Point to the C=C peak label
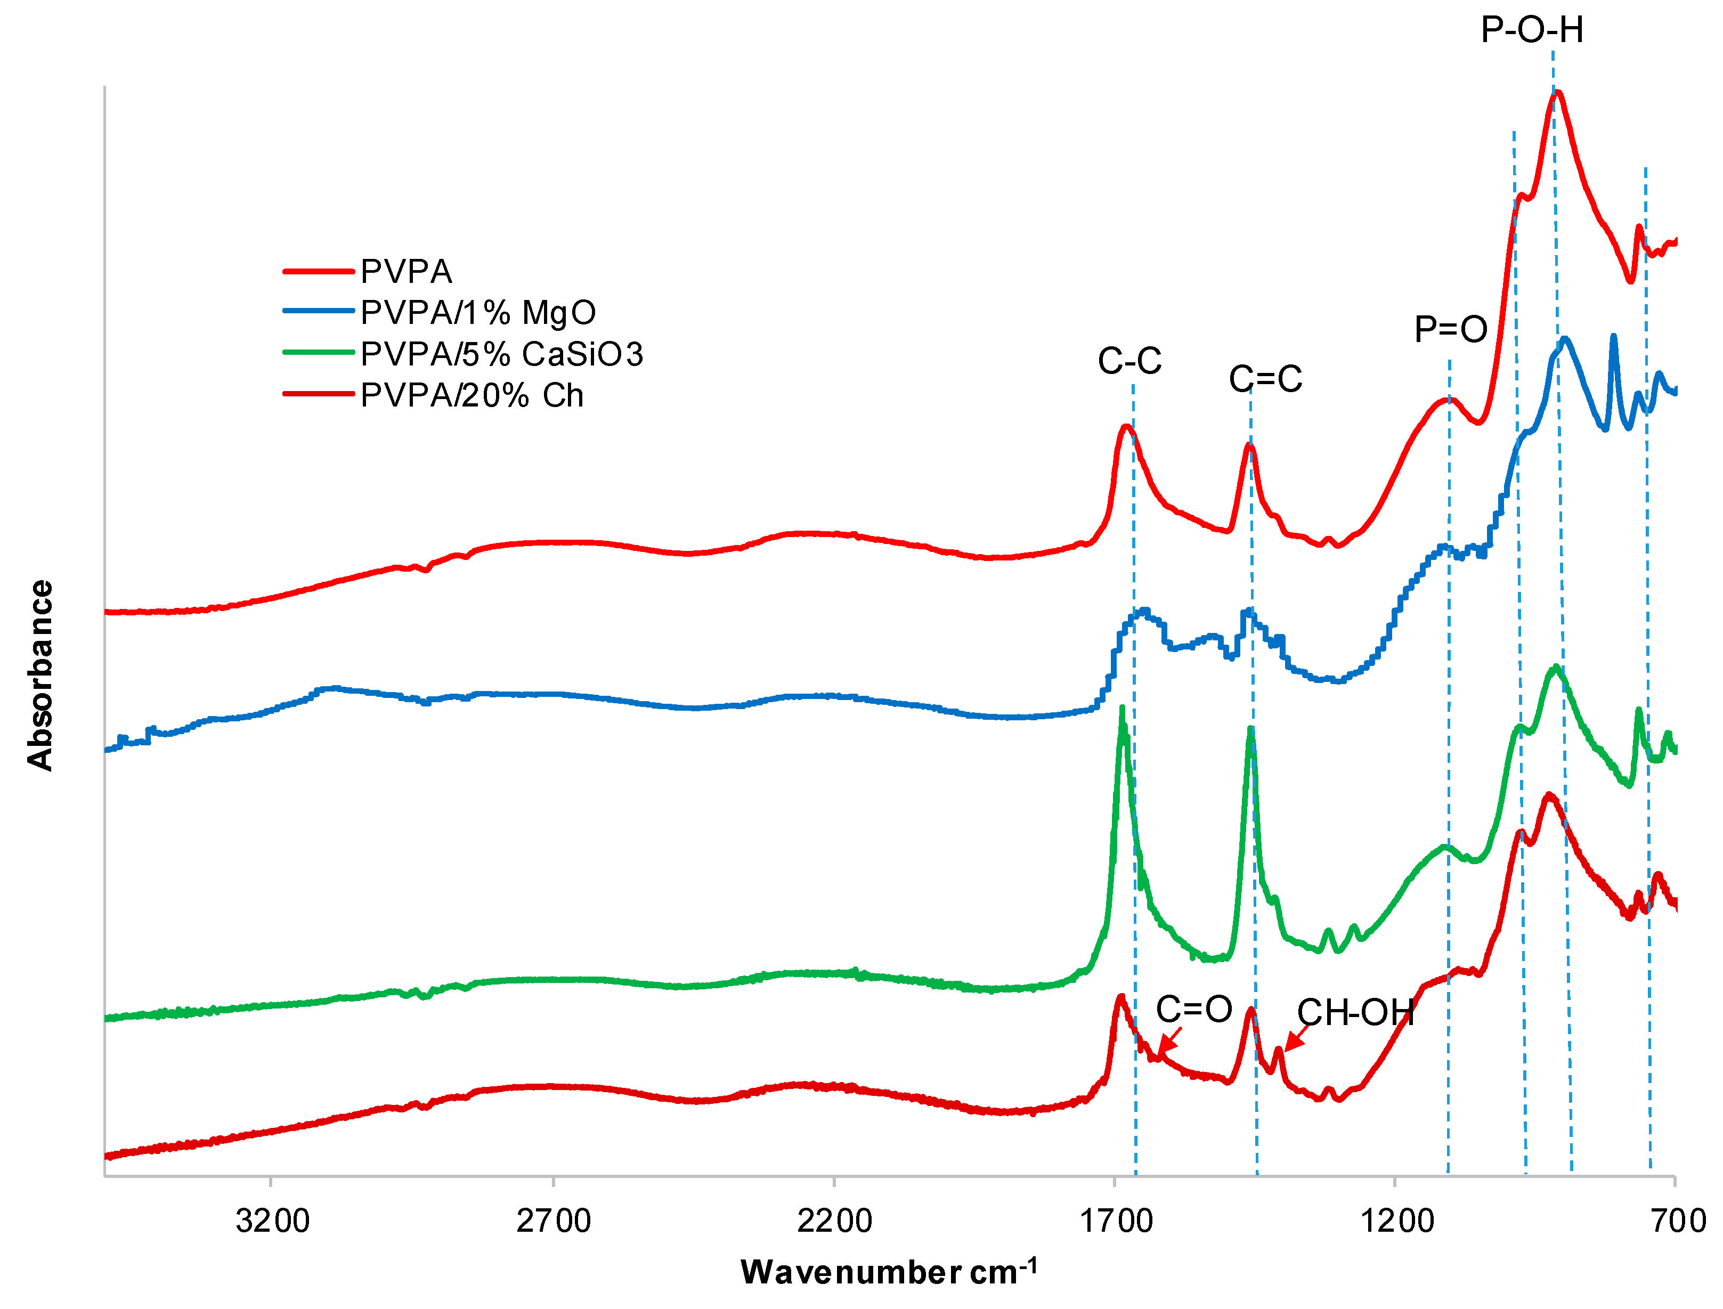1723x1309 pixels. [1265, 379]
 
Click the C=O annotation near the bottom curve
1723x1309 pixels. [1194, 1009]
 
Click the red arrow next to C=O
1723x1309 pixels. [1169, 1041]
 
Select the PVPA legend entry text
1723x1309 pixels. [406, 272]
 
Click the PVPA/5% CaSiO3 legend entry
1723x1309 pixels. [501, 354]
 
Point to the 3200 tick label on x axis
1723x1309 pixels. [272, 1220]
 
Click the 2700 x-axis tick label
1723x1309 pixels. [554, 1220]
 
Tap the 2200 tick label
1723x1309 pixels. [834, 1220]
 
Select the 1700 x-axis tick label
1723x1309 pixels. [1115, 1220]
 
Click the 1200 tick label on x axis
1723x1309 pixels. [1396, 1220]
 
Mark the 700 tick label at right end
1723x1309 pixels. [1678, 1220]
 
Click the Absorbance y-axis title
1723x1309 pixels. [40, 676]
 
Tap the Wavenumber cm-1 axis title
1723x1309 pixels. [888, 1272]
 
